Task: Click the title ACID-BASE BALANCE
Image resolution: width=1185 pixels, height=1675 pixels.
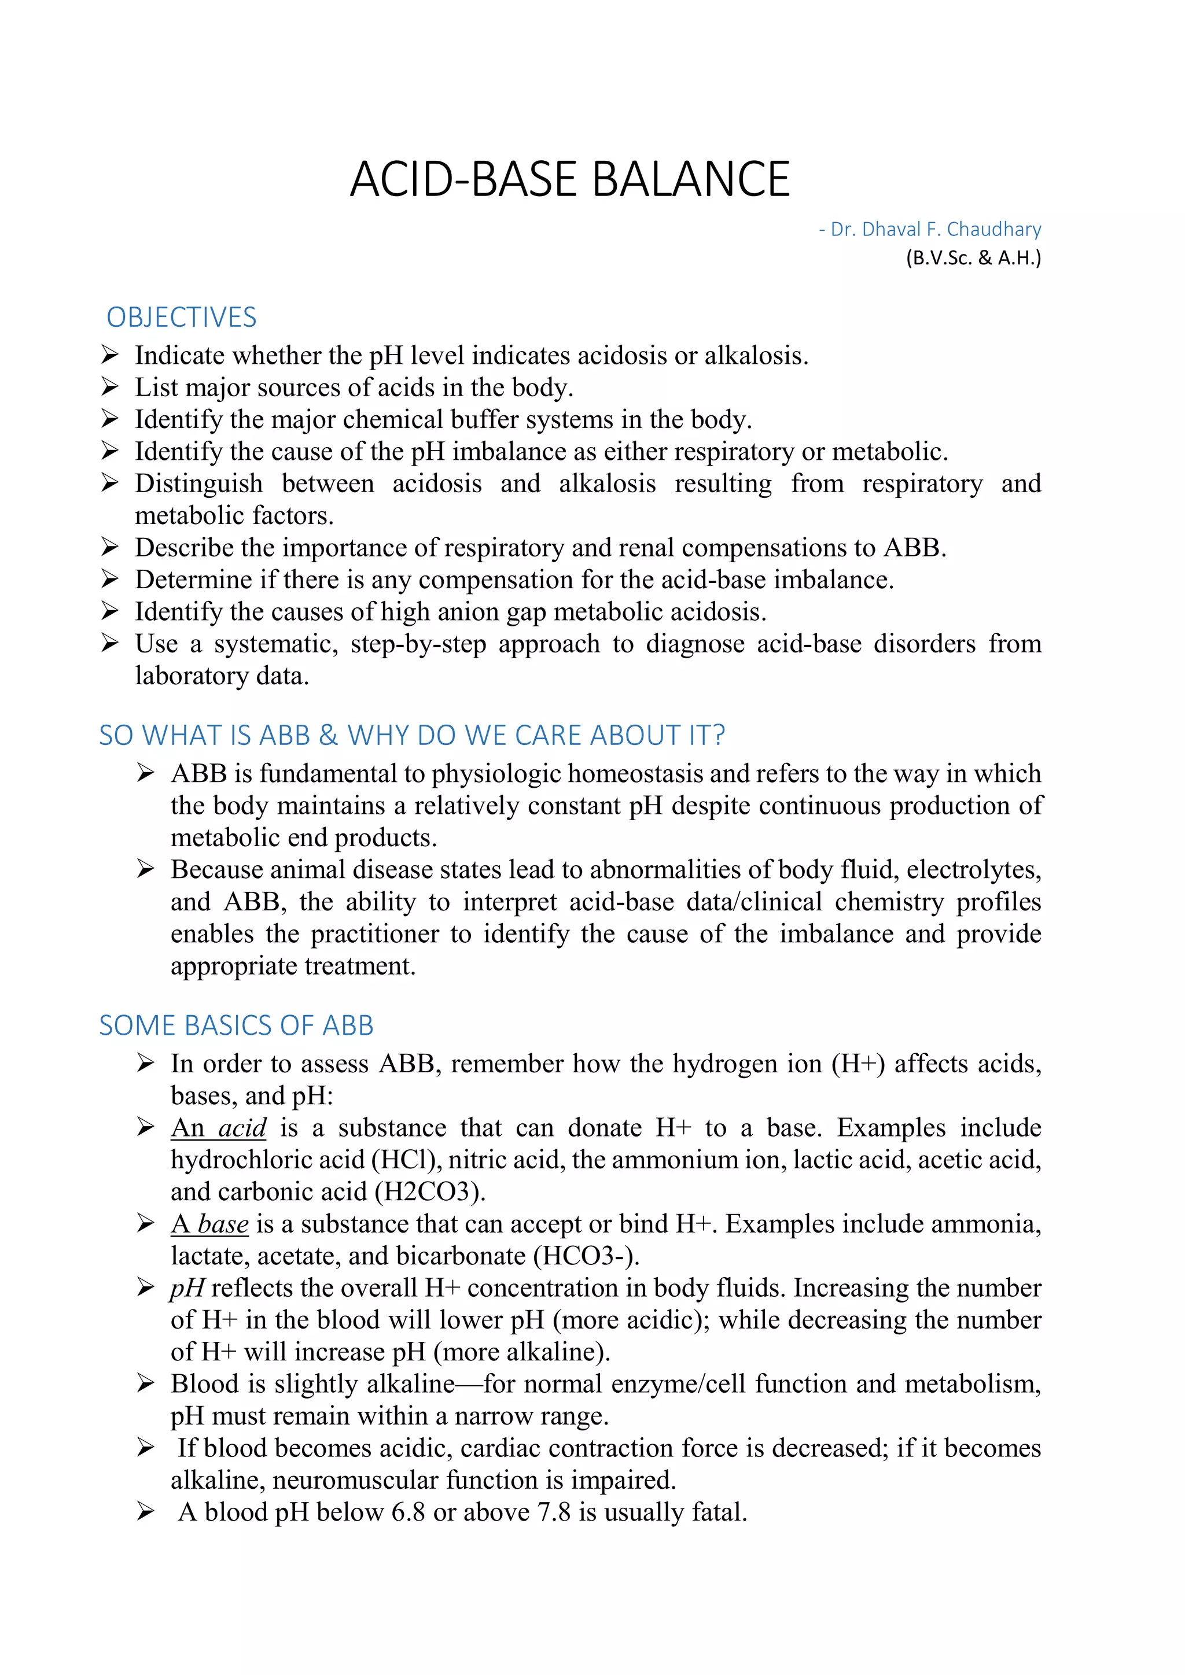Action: (569, 179)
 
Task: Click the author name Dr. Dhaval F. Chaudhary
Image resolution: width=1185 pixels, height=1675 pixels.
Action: (936, 229)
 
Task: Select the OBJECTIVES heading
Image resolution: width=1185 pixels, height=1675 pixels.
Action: (181, 318)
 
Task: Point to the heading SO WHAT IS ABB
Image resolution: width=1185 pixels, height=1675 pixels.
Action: (411, 735)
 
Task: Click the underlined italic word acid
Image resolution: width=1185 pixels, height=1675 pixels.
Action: (243, 1128)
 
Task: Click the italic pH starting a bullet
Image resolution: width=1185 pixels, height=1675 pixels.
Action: (187, 1288)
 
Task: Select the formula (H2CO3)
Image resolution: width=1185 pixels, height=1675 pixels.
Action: (430, 1192)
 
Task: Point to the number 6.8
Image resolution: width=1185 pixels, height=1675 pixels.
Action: (408, 1512)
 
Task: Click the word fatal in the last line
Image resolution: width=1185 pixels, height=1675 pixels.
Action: (719, 1512)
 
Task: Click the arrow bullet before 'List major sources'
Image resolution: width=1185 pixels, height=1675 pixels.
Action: (109, 387)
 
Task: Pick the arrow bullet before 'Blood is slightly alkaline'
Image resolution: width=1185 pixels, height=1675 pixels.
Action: (145, 1384)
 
